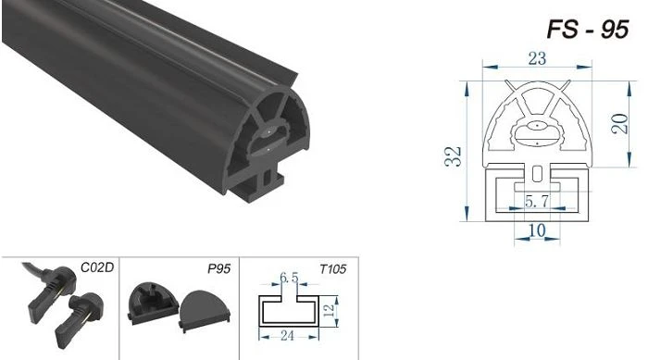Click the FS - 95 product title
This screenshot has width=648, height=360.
click(587, 30)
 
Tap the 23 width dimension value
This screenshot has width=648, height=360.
click(537, 58)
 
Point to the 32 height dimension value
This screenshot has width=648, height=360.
click(454, 156)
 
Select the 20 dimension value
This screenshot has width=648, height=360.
click(619, 123)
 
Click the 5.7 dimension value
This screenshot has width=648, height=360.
click(537, 202)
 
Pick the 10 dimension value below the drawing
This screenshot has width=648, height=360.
click(537, 230)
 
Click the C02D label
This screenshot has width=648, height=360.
click(96, 267)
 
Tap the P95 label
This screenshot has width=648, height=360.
click(219, 268)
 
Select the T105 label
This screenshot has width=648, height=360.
click(332, 269)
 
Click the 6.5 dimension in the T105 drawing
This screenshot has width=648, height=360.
click(289, 278)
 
